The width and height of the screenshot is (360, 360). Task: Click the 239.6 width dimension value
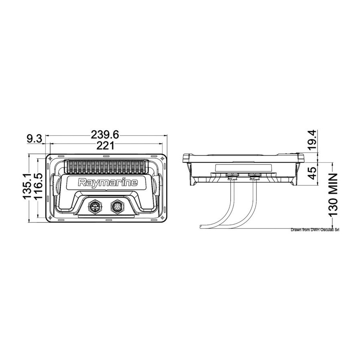[105, 135]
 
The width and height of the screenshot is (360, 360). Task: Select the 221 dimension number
[105, 145]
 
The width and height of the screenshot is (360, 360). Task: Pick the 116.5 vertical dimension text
[38, 186]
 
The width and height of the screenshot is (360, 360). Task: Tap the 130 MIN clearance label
[333, 195]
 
